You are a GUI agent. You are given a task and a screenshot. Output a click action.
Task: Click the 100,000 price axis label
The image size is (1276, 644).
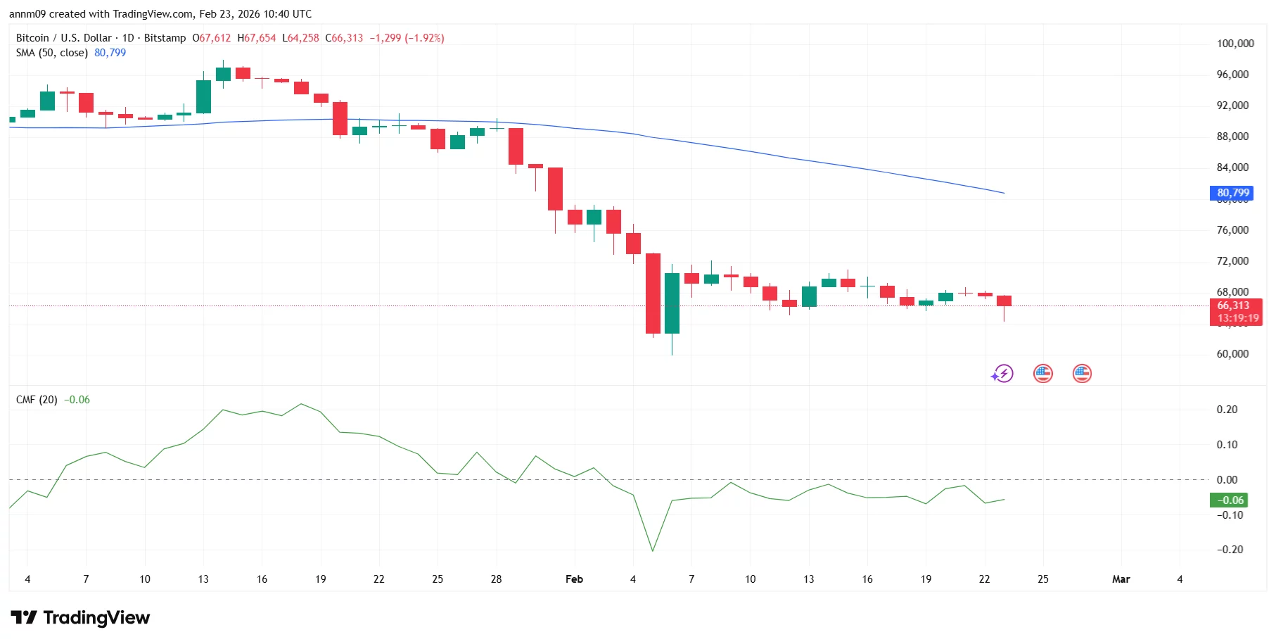[1235, 44]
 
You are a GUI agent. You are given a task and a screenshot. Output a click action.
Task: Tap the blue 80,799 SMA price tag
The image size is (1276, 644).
[1233, 193]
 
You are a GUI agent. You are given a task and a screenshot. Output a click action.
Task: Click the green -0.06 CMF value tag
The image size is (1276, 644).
[1228, 500]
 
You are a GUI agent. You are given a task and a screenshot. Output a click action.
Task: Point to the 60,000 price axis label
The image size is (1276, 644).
[1232, 354]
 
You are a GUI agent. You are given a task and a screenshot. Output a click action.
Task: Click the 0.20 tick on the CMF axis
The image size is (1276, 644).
[1227, 410]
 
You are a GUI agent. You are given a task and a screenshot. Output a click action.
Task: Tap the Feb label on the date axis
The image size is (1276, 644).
[574, 579]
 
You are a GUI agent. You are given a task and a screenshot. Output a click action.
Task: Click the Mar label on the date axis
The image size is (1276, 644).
[1121, 579]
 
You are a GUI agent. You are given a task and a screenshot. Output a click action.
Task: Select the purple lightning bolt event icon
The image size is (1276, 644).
[1002, 374]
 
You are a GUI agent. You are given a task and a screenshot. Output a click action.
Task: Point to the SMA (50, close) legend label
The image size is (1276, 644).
[52, 53]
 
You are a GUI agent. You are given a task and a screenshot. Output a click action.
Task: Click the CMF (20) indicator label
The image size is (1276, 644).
[37, 400]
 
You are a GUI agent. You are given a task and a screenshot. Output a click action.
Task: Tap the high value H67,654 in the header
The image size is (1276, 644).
[257, 38]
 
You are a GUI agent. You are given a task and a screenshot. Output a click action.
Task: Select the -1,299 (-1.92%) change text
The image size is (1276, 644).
[407, 38]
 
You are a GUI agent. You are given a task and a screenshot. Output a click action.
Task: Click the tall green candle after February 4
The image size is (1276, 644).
[672, 303]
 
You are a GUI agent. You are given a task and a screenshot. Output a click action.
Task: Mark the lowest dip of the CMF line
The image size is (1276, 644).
[653, 550]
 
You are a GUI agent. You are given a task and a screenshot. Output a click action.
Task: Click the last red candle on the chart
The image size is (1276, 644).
[1004, 301]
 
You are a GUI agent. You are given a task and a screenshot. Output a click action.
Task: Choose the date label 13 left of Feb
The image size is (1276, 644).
[203, 579]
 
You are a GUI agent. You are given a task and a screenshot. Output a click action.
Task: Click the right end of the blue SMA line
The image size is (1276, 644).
[1003, 193]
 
